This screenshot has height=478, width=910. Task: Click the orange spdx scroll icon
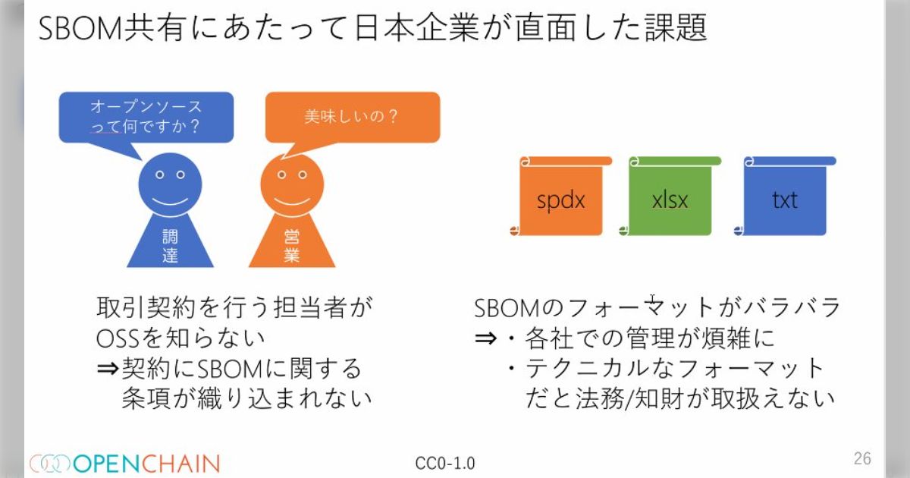click(561, 199)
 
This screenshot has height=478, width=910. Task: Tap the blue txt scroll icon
click(785, 199)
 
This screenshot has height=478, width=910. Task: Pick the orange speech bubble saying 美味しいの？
click(352, 117)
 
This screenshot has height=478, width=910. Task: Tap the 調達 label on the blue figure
click(170, 246)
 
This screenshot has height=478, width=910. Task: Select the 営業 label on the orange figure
click(292, 246)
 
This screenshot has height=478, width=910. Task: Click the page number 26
click(862, 458)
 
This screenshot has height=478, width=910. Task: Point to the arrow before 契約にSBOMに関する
click(108, 369)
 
